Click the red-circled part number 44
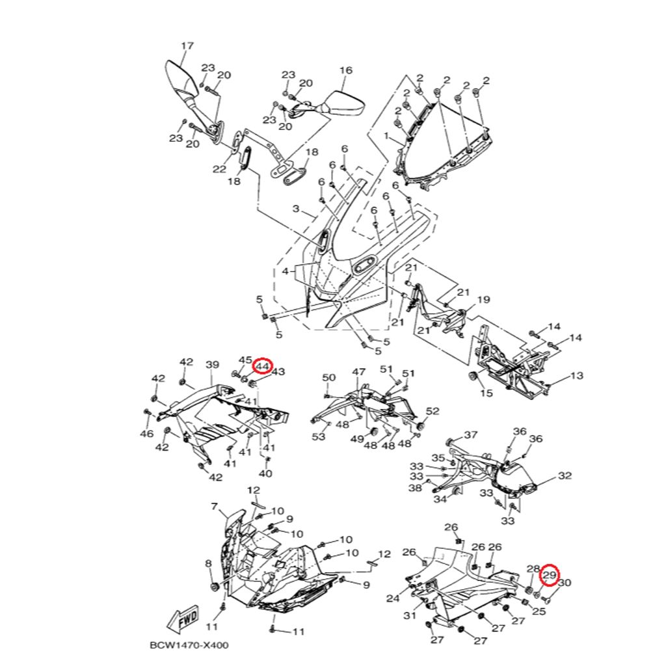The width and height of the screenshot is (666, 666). pyautogui.click(x=263, y=367)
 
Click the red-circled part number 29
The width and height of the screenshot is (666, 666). pyautogui.click(x=550, y=575)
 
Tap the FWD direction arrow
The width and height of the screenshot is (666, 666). pyautogui.click(x=184, y=619)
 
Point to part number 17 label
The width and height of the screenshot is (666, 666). pyautogui.click(x=187, y=46)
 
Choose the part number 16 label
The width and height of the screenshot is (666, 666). pyautogui.click(x=345, y=70)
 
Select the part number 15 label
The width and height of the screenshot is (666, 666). pyautogui.click(x=486, y=393)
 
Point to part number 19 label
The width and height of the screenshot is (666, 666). pyautogui.click(x=483, y=300)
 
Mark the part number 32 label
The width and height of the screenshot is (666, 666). pyautogui.click(x=565, y=476)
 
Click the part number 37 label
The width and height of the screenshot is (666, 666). pyautogui.click(x=470, y=435)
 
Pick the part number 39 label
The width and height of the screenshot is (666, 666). pyautogui.click(x=212, y=365)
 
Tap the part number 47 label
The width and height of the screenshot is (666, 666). pyautogui.click(x=359, y=371)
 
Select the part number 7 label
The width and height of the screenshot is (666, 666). pyautogui.click(x=214, y=506)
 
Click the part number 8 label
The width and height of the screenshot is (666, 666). pyautogui.click(x=209, y=563)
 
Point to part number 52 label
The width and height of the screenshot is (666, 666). pyautogui.click(x=433, y=411)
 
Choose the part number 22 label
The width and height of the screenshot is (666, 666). pyautogui.click(x=219, y=169)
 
